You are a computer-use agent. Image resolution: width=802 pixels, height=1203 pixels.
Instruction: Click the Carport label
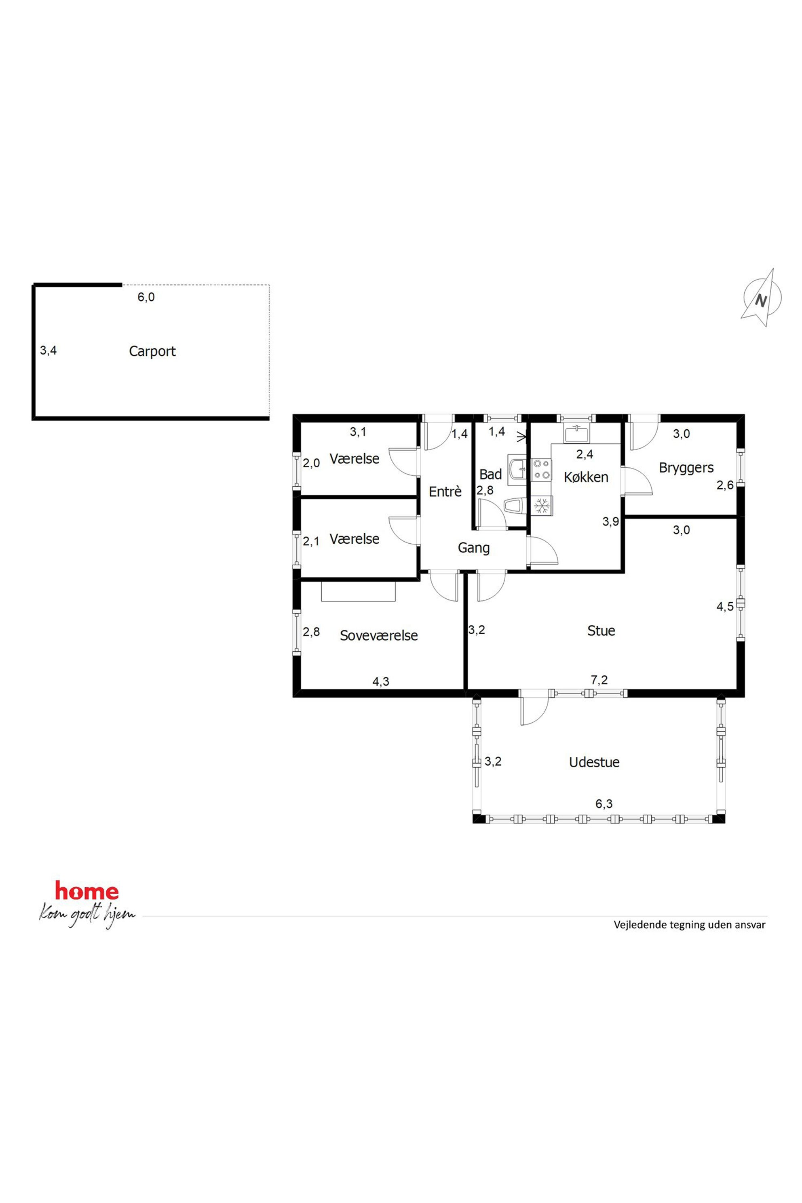(x=152, y=351)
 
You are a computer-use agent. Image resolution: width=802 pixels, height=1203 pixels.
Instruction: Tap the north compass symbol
(x=762, y=298)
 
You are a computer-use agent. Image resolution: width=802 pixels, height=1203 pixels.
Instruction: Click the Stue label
(x=601, y=631)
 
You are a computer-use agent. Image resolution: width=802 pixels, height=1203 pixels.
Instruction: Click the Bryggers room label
(x=686, y=469)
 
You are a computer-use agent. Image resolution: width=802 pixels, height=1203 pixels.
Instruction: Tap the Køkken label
(x=586, y=477)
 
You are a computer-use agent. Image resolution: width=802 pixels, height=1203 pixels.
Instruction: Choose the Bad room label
(x=490, y=474)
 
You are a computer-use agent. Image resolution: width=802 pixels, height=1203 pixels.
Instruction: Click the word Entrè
(x=445, y=492)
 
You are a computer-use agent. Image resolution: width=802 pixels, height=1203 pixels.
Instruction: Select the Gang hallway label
(x=474, y=548)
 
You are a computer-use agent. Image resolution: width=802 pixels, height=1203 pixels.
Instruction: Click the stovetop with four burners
(x=542, y=470)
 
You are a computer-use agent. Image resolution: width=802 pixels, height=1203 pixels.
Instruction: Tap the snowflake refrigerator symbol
(x=542, y=506)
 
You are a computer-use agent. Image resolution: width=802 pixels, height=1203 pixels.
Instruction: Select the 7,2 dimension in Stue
(x=599, y=680)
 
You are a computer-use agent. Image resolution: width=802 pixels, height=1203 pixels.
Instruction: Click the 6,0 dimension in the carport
(x=146, y=297)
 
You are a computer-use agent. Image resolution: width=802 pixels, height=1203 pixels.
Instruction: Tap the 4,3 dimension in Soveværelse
(x=380, y=681)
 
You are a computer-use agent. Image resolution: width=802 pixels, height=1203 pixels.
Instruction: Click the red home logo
(x=87, y=891)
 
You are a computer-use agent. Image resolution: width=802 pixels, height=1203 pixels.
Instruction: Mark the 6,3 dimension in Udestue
(x=604, y=804)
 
